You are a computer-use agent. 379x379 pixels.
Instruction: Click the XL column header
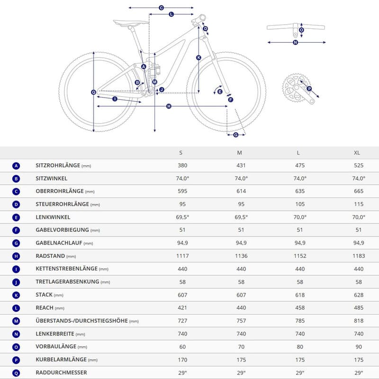pos(357,153)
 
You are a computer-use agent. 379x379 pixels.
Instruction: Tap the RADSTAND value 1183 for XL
pos(358,256)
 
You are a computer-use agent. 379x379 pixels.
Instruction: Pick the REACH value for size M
pos(240,307)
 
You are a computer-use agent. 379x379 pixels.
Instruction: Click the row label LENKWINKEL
pos(53,217)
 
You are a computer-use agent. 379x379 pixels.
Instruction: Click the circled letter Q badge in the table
pos(17,372)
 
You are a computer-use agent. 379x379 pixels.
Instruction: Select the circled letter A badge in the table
pos(17,166)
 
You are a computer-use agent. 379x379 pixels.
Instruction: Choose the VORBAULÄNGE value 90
pos(358,346)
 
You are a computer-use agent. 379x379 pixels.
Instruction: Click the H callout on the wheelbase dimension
pos(169,107)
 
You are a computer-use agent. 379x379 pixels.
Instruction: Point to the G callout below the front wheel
pos(236,135)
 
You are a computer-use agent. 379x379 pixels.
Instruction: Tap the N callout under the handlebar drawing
pos(295,43)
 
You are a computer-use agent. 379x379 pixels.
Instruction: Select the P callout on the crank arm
pos(309,89)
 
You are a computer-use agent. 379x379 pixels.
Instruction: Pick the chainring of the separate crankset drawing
pos(294,88)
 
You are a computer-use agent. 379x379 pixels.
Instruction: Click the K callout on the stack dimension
pos(199,58)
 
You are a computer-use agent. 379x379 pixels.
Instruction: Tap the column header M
pos(240,153)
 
